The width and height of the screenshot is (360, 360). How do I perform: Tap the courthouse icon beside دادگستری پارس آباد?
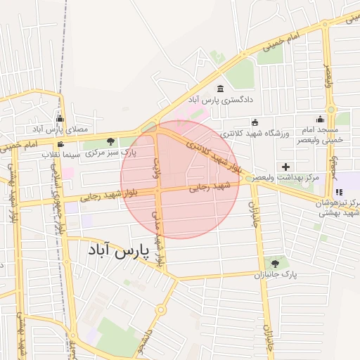pyautogui.click(x=221, y=89)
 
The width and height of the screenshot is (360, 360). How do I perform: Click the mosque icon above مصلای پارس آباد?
pyautogui.click(x=60, y=118)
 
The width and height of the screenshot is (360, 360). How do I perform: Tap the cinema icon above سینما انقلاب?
pyautogui.click(x=60, y=143)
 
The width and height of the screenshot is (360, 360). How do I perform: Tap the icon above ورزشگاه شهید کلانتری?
pyautogui.click(x=255, y=123)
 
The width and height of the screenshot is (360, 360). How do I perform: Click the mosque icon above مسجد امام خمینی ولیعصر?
pyautogui.click(x=320, y=119)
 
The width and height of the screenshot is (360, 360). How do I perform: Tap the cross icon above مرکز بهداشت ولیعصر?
pyautogui.click(x=285, y=167)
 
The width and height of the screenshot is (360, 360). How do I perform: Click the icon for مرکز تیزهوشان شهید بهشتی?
pyautogui.click(x=339, y=191)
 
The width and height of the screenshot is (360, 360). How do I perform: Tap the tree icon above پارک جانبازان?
pyautogui.click(x=275, y=264)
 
